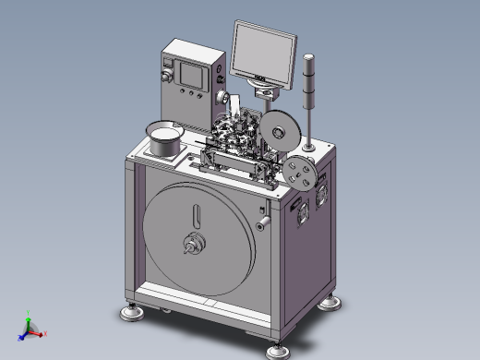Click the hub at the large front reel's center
tap(195, 245)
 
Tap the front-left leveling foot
tap(133, 312)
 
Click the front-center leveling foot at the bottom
tap(275, 350)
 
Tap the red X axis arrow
tap(42, 334)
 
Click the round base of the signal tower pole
tap(309, 146)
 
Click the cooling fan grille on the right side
tap(324, 194)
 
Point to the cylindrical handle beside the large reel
tap(262, 222)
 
